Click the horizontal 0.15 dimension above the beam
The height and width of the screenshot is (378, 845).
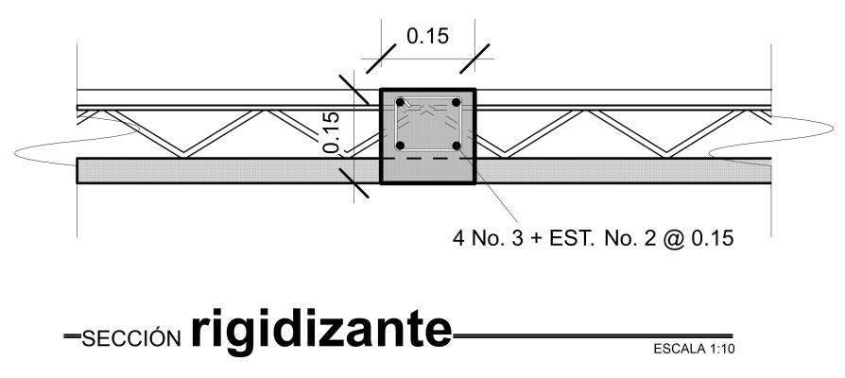[427, 37]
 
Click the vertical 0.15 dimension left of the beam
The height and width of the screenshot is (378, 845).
[331, 132]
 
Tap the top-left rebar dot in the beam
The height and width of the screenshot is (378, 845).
[401, 102]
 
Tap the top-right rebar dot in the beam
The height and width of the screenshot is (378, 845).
[456, 102]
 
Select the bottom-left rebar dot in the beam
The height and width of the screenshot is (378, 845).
[401, 146]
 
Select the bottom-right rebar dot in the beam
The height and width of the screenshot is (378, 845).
[456, 146]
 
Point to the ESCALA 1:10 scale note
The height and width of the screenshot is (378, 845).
[694, 350]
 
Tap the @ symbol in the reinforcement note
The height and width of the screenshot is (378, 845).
[675, 236]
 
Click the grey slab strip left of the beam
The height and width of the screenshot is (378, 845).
[227, 170]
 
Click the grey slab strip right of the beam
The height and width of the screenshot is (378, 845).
[624, 170]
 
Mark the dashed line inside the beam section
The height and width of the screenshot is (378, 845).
[427, 159]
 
